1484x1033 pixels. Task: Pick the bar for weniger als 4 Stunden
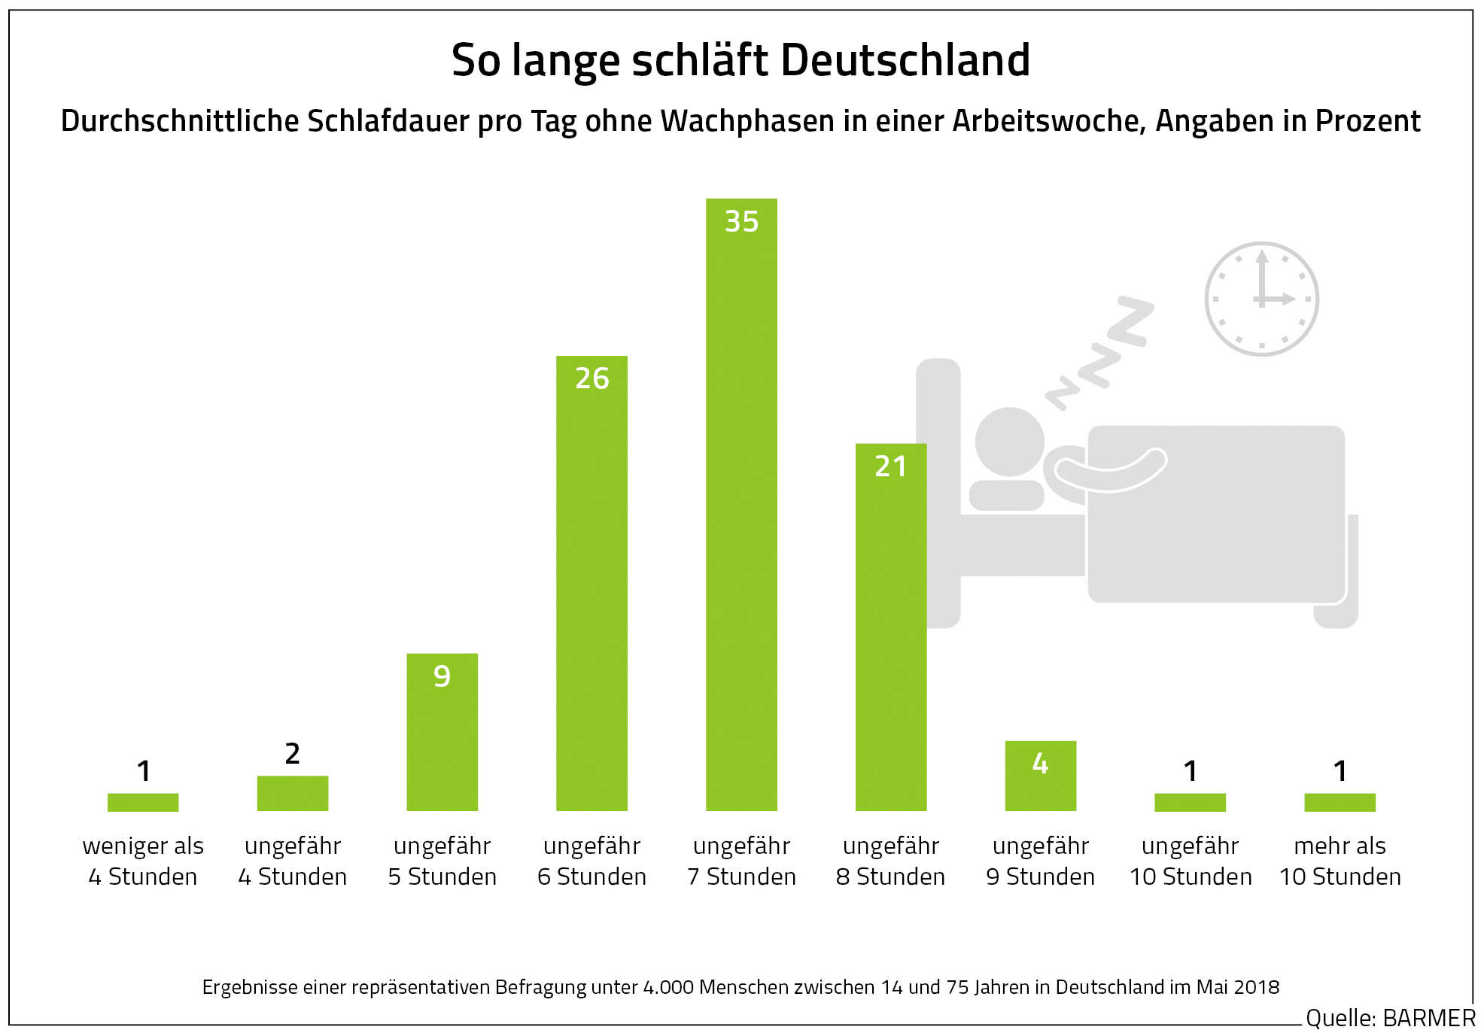[x=143, y=802]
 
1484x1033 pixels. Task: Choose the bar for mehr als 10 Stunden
[x=1340, y=802]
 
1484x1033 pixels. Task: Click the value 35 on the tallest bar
[x=741, y=221]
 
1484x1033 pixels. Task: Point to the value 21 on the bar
[x=891, y=466]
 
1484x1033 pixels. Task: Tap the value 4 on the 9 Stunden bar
[x=1040, y=764]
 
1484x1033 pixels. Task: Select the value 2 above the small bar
[x=293, y=753]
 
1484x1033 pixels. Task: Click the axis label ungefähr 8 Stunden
[x=891, y=861]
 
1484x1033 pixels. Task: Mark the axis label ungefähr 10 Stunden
[x=1191, y=861]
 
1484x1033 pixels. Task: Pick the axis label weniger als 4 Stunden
[x=143, y=861]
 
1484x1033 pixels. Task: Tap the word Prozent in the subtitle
[x=1367, y=121]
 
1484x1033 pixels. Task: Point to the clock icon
[x=1262, y=299]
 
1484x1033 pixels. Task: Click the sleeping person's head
[x=1009, y=442]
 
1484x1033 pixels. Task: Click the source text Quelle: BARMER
[x=1390, y=1018]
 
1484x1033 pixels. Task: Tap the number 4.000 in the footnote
[x=668, y=987]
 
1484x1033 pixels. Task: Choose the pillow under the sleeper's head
[x=1006, y=495]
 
